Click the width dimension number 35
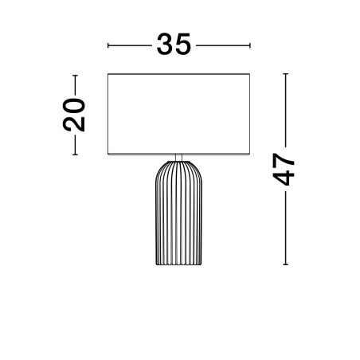pos(174,45)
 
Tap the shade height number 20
pos(74,115)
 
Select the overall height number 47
pos(284,170)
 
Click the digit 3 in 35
pos(165,45)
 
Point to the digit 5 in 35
pos(182,45)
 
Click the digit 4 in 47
pos(284,178)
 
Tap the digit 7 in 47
pos(284,161)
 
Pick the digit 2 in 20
pos(74,124)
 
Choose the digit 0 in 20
pos(74,106)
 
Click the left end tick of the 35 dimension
pos(108,45)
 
